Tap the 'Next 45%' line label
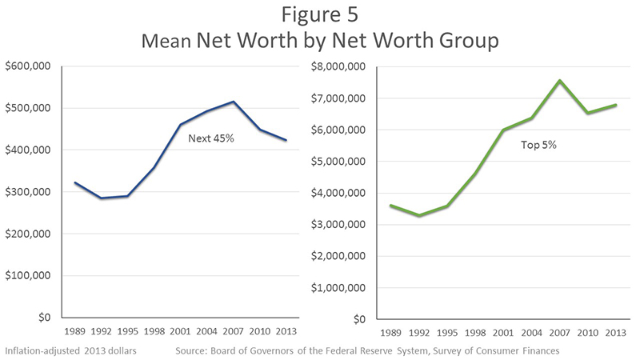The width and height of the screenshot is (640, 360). tap(210, 138)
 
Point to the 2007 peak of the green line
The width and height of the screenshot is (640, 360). tap(560, 80)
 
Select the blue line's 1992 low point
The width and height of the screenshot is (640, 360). tap(101, 198)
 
